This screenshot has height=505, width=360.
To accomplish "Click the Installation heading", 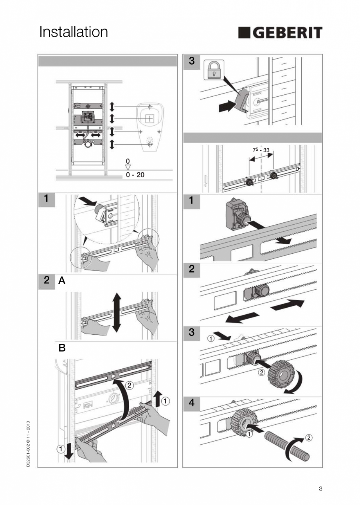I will click(x=74, y=32).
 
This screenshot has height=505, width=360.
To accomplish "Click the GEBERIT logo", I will click(x=280, y=33).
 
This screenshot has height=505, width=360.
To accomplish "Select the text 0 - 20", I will click(x=135, y=175).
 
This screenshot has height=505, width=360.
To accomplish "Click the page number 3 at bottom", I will click(x=320, y=488).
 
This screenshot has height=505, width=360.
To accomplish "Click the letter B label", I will click(x=62, y=348).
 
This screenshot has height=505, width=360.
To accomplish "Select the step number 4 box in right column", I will click(x=191, y=403).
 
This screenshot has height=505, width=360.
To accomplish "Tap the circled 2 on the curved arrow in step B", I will click(x=130, y=385).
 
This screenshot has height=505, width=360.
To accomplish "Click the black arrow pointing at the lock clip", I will click(x=226, y=106).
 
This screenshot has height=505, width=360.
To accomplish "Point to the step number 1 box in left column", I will click(x=46, y=198).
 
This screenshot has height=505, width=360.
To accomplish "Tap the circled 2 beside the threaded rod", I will click(x=308, y=437).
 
